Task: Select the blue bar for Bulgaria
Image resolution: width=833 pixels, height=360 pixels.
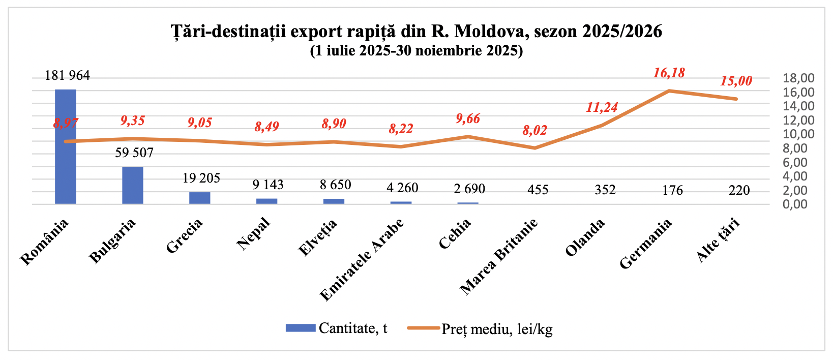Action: point(133,186)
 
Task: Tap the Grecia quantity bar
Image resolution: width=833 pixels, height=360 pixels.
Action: point(200,198)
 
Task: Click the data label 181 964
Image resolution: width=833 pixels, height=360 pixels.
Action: point(67,76)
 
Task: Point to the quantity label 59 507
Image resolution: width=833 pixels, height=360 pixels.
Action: point(134,153)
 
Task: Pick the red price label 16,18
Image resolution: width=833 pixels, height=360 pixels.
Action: point(669,73)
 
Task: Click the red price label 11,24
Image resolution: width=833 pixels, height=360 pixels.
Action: point(602,108)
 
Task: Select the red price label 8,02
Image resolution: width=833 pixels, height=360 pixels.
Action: point(535,131)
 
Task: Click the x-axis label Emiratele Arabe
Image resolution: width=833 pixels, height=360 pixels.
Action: point(362,259)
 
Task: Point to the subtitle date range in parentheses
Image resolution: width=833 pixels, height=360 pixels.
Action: point(416,51)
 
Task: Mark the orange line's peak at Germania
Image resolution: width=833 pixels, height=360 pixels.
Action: point(669,91)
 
